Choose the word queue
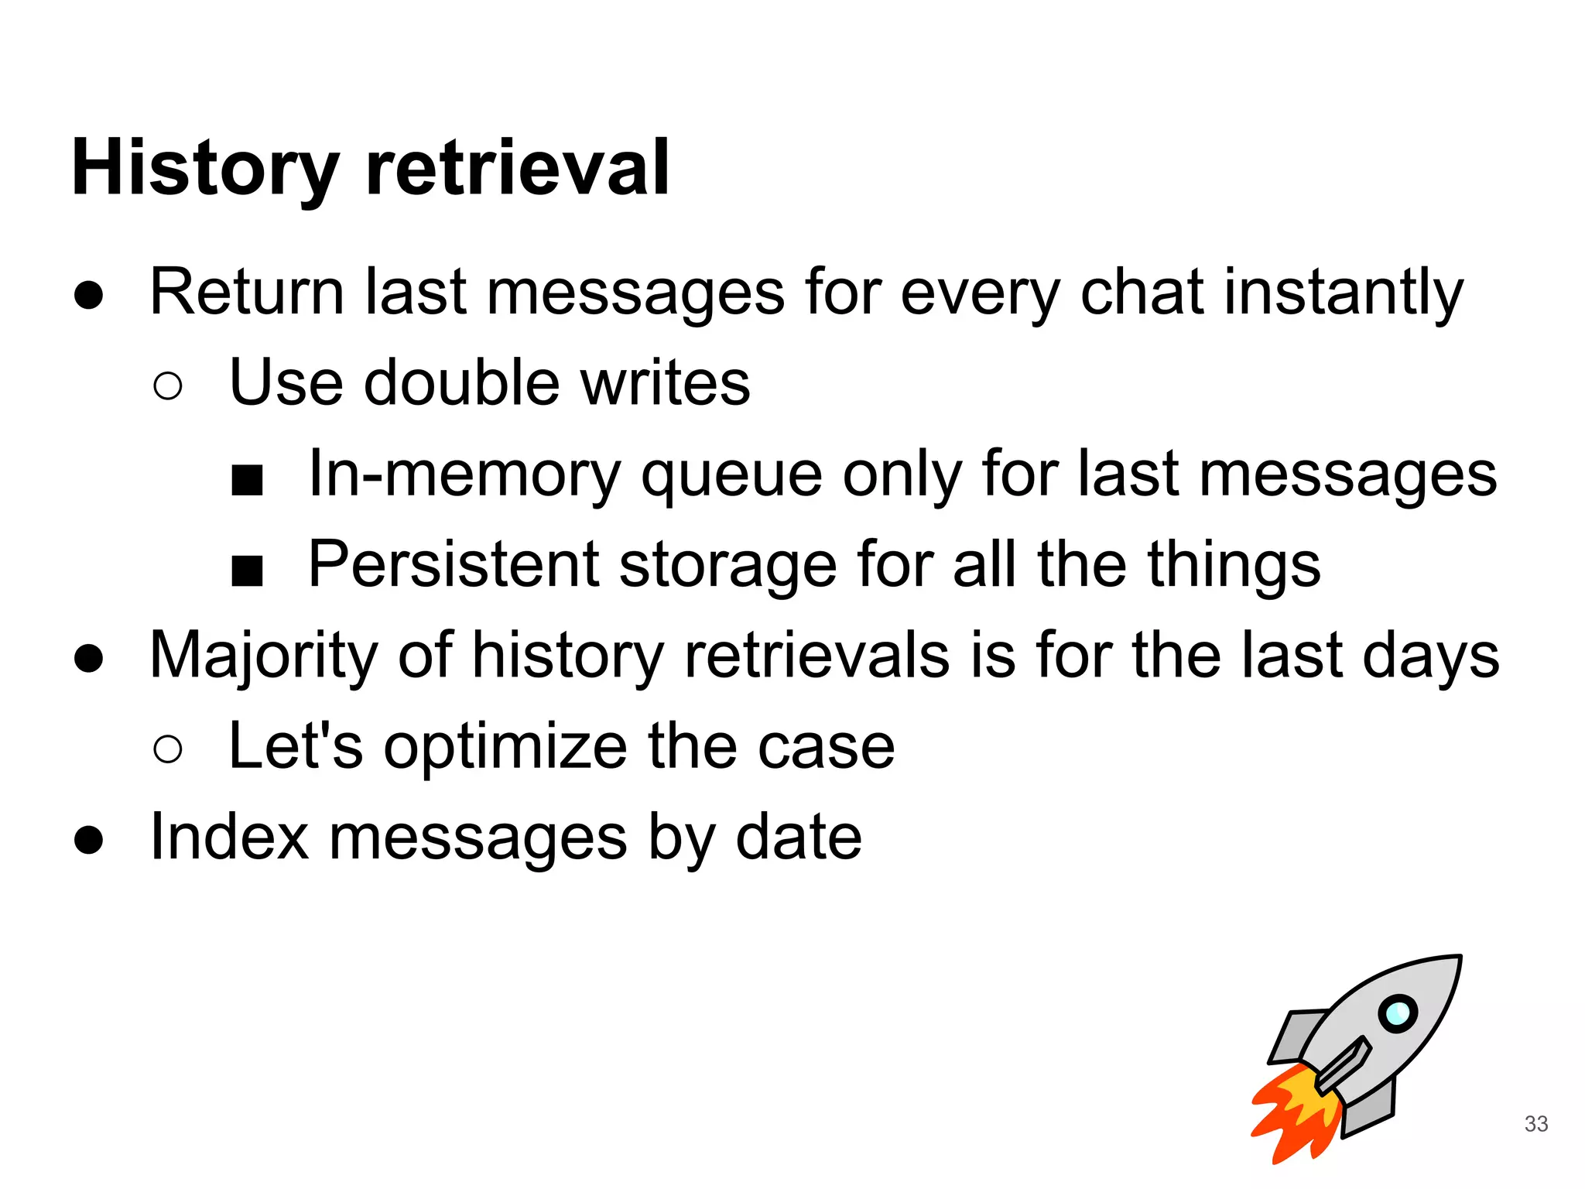click(731, 475)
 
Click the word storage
click(727, 566)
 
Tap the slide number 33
click(1535, 1123)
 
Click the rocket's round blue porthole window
click(1397, 1013)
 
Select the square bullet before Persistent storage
click(248, 571)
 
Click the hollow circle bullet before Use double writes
click(168, 385)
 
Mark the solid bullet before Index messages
click(89, 840)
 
